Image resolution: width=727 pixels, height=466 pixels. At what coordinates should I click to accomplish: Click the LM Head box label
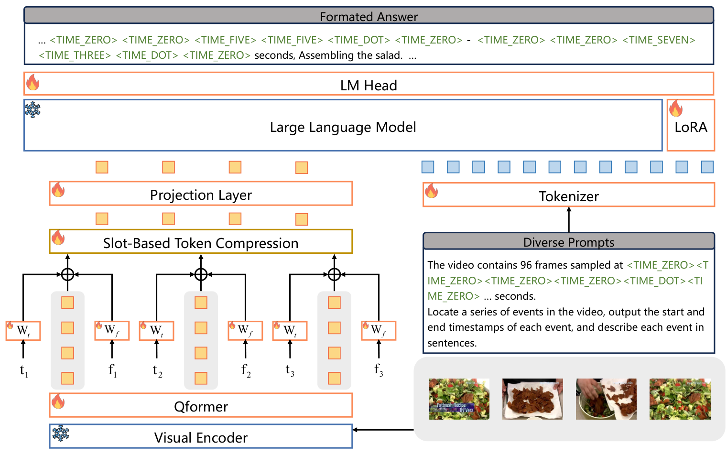(369, 86)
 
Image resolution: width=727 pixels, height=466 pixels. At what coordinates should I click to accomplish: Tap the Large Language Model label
(343, 127)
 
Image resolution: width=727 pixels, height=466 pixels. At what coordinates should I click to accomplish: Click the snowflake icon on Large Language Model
(33, 109)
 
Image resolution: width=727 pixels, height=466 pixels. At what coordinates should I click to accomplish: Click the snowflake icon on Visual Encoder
(60, 433)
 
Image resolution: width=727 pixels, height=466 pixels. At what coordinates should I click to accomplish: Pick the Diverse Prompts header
(569, 242)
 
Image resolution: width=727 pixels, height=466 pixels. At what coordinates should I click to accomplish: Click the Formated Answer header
(369, 17)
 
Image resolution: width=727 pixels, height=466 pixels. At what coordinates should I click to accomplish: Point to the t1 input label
(24, 370)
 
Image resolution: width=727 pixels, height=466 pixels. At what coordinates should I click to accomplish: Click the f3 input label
(379, 370)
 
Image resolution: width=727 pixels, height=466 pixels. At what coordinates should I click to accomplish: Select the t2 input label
(157, 370)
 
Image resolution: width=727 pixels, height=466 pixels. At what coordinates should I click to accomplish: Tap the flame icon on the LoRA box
(676, 108)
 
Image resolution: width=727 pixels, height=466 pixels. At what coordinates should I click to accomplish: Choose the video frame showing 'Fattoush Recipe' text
(459, 399)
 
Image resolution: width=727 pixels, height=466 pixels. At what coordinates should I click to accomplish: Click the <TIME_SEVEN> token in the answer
(659, 40)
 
